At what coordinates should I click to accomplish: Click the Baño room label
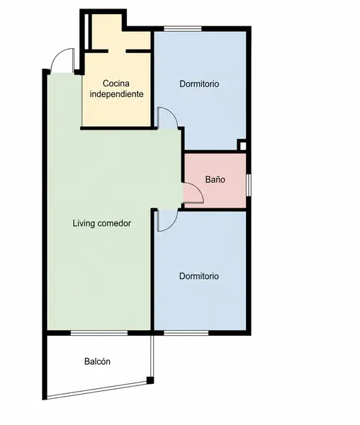pos(215,179)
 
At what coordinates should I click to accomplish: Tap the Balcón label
pos(97,361)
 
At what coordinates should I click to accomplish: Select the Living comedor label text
pos(102,223)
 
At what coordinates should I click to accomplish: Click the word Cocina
pos(116,83)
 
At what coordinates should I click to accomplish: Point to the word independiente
pos(116,94)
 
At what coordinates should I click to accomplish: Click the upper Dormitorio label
pos(199,84)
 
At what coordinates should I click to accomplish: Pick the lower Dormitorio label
pos(199,276)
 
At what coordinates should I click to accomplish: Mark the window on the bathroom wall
pos(249,185)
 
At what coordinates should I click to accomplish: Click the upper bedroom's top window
pos(183,28)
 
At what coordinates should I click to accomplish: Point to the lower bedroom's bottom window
pos(186,333)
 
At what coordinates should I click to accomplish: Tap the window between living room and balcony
pos(99,333)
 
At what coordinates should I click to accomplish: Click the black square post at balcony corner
pos(150,380)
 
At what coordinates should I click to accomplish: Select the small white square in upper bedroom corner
pos(243,146)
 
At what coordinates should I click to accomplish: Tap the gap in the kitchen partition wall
pos(117,51)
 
